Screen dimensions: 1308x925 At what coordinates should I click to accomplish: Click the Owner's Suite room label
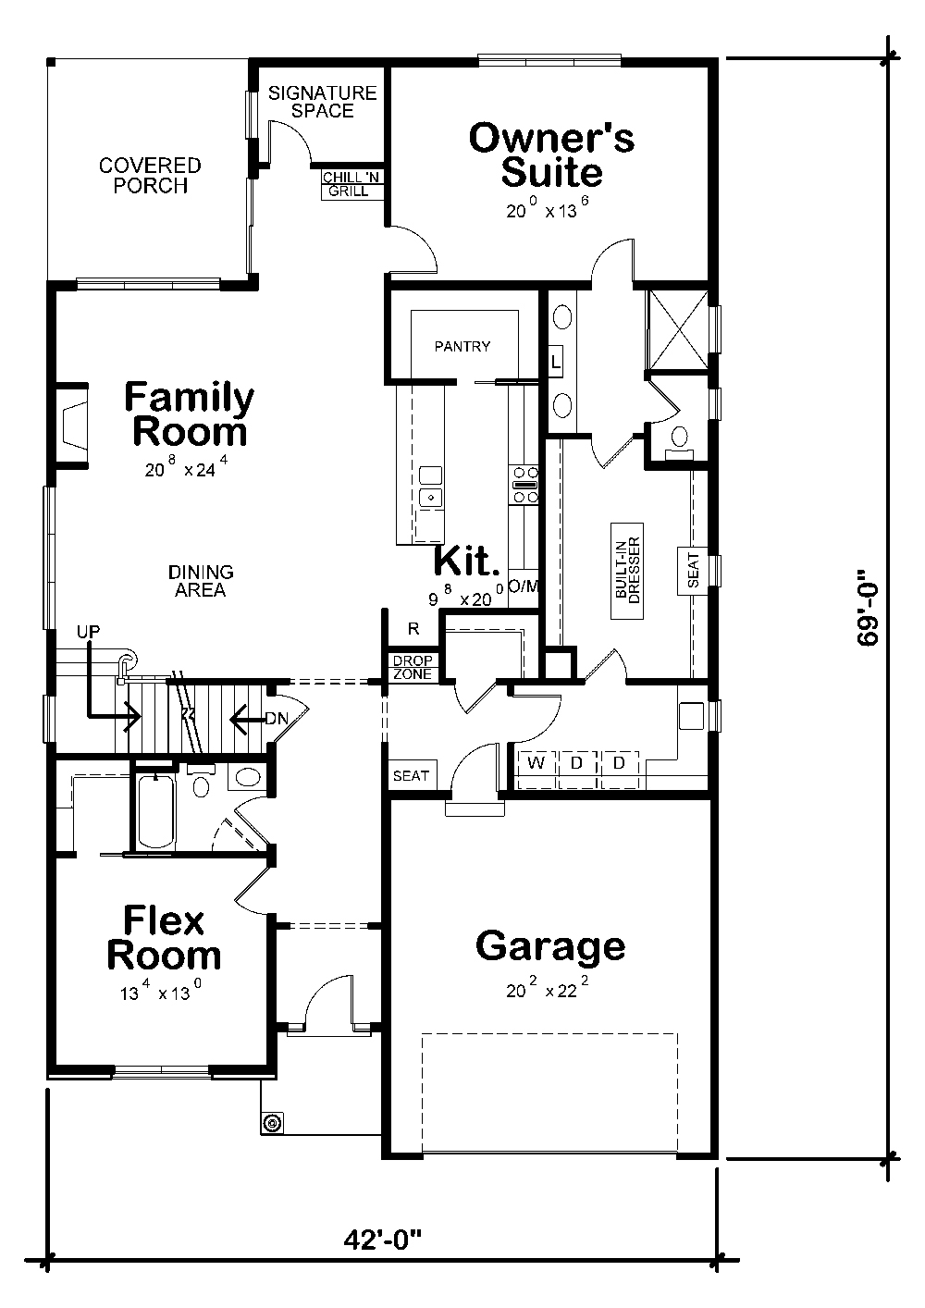pos(551,155)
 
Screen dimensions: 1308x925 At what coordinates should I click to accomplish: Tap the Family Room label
pos(190,414)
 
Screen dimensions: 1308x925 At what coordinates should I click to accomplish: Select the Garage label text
pos(550,946)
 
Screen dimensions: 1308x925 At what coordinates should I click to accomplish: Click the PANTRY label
pos(462,346)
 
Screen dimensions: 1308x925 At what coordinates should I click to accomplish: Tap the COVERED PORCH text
pos(150,176)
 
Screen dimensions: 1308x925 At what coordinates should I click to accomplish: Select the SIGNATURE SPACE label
pos(323,102)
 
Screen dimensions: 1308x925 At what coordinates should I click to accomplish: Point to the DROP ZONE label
pos(411,667)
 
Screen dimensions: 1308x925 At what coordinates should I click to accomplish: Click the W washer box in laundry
pos(536,763)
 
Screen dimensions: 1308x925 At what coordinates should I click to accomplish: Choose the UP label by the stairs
pos(89,631)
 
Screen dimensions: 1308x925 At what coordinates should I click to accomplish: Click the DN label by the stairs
pos(276,718)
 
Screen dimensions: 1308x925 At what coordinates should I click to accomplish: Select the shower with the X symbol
pos(677,329)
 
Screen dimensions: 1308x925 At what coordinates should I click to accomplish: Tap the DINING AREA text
pos(201,581)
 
